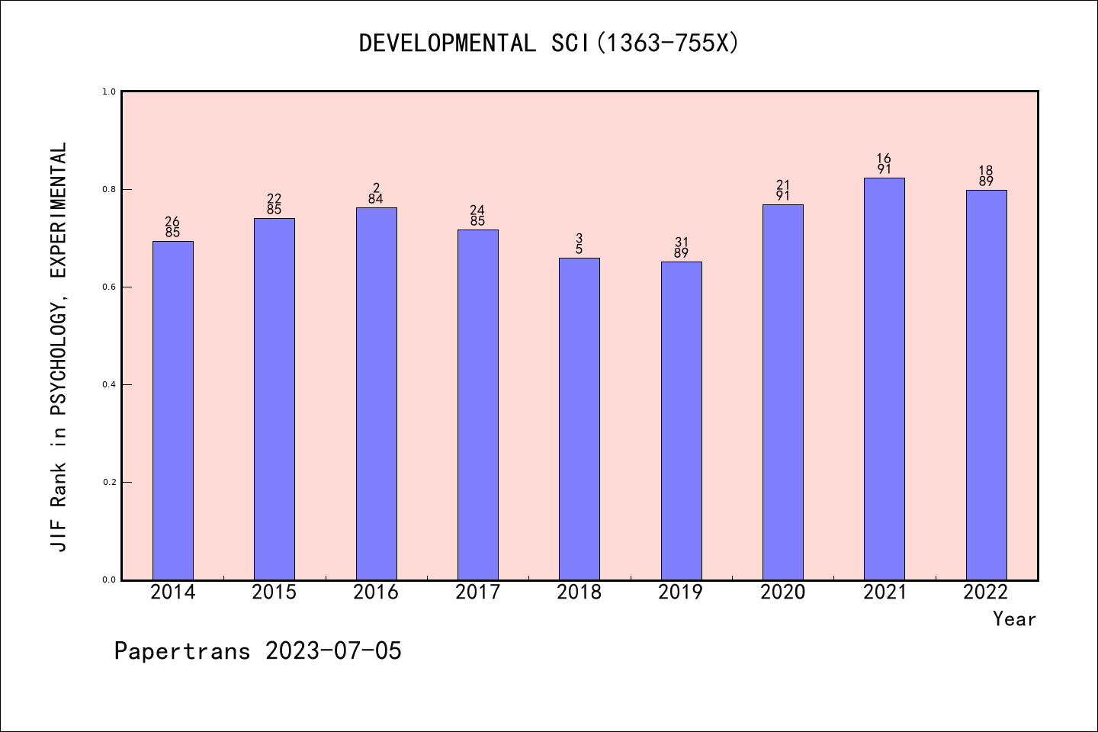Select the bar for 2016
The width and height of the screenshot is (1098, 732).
tap(377, 393)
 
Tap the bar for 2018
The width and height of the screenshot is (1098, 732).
tap(579, 419)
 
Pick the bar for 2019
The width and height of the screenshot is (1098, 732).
tap(682, 421)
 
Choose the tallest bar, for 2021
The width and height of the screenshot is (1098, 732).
tap(884, 379)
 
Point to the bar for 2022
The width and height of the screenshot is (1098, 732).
tap(987, 385)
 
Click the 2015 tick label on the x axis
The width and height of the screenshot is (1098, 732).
tap(274, 592)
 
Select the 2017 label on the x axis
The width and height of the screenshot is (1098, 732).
tap(477, 592)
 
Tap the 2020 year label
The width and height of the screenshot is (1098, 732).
tap(782, 592)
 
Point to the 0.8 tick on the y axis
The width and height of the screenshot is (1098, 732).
tap(109, 189)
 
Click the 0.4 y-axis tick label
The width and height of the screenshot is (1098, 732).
tap(109, 385)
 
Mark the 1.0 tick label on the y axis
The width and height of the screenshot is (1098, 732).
tap(109, 91)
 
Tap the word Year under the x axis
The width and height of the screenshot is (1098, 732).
tap(1014, 619)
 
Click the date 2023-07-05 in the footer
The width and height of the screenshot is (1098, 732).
tap(333, 651)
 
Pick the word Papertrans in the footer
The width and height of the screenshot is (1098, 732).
tap(182, 651)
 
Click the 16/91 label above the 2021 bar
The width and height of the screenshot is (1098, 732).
tap(884, 164)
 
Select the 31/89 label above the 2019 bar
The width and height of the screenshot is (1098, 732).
tap(682, 248)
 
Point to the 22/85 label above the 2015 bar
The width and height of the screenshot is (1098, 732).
tap(274, 204)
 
